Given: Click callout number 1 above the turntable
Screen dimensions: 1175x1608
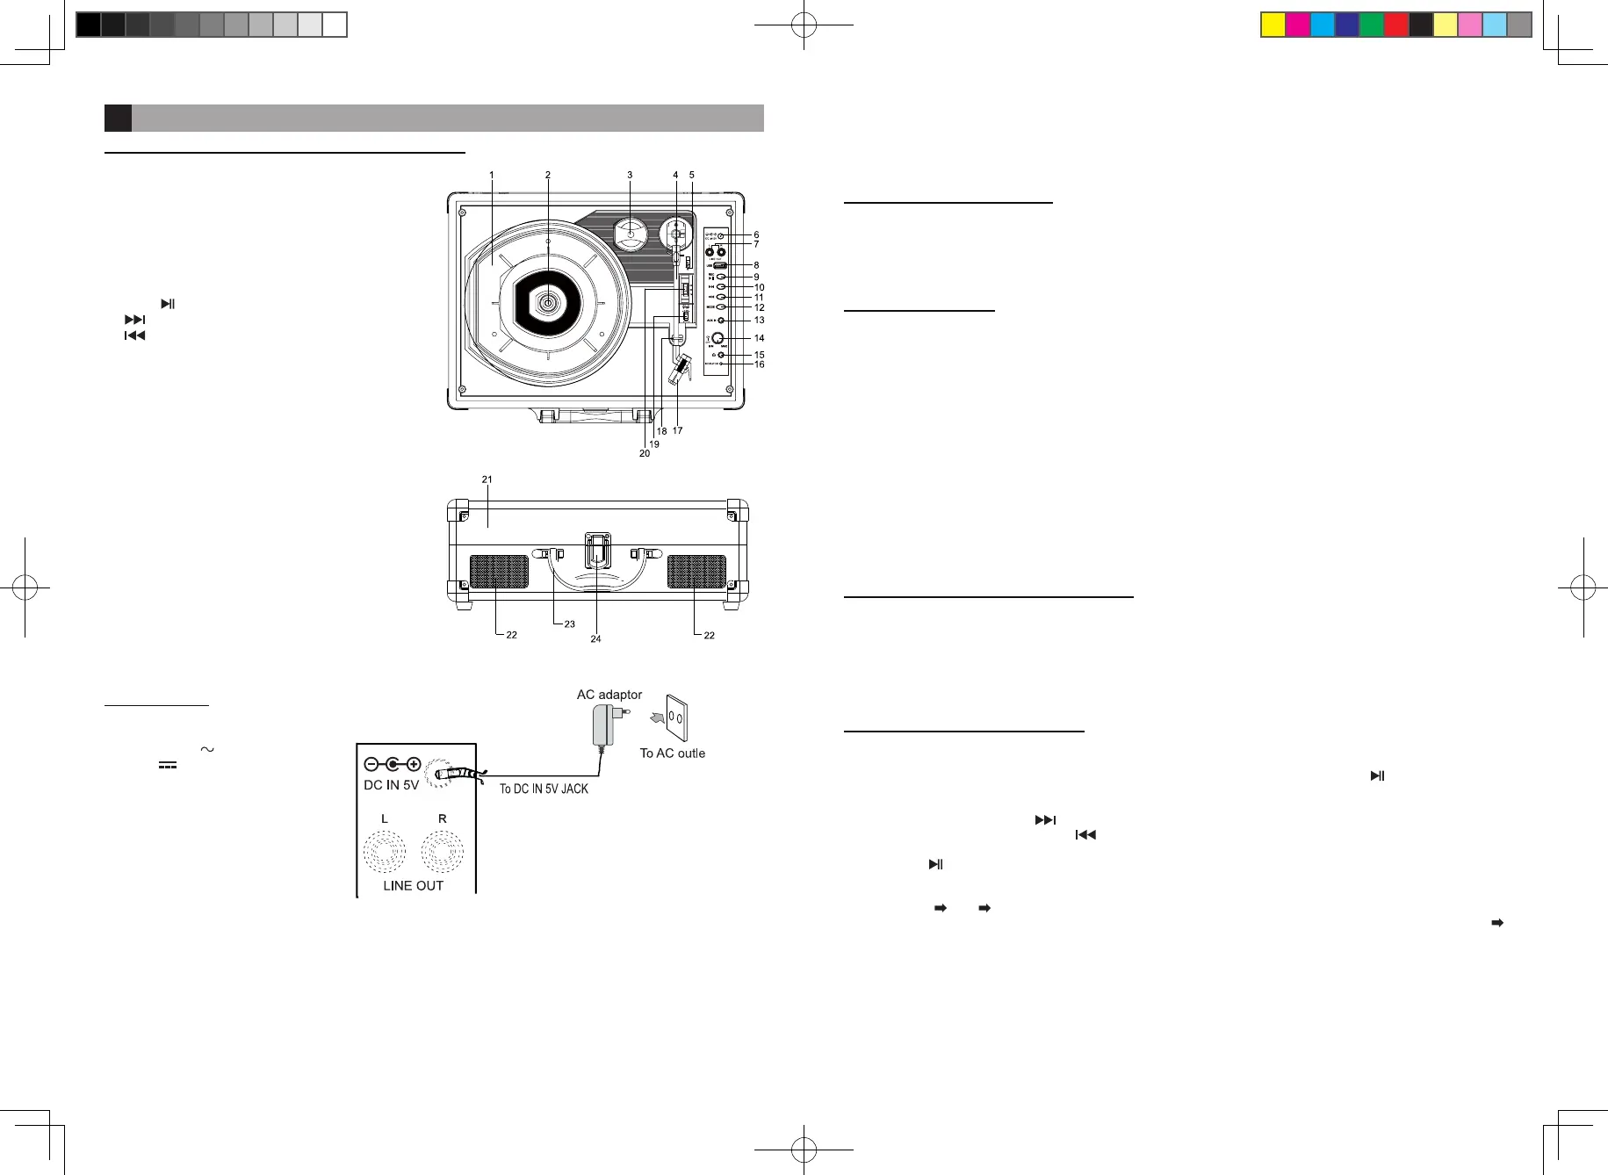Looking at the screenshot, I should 492,176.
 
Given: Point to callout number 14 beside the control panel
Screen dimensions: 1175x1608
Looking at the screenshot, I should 760,338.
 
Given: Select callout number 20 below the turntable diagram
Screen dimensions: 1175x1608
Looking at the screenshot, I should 645,453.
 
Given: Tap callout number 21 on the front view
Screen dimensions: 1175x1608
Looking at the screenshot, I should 487,479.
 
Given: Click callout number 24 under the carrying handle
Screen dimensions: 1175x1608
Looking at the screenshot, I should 595,638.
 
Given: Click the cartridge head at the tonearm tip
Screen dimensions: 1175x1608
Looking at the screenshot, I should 679,369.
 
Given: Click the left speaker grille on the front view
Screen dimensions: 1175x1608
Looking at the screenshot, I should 499,572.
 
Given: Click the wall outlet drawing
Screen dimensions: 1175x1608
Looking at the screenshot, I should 674,718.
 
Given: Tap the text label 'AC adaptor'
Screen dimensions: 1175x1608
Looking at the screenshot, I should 609,695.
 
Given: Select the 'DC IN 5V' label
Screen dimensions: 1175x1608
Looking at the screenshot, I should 391,785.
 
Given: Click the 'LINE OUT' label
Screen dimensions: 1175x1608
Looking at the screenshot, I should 413,885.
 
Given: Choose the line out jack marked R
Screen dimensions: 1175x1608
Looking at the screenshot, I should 443,851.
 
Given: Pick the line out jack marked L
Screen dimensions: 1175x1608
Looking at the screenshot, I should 385,851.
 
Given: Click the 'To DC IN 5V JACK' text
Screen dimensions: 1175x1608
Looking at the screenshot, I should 544,789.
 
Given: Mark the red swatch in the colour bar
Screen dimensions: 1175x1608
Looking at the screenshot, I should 1395,25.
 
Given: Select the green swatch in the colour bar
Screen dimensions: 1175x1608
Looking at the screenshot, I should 1371,25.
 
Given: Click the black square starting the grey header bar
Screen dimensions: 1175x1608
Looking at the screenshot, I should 118,118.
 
